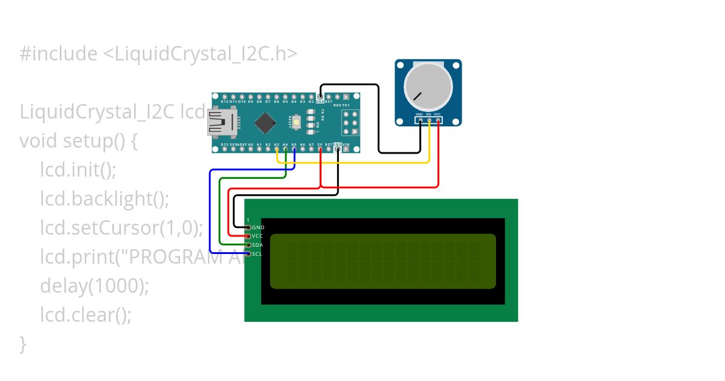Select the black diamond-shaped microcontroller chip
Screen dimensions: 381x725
265,123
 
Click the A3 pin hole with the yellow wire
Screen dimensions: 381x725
277,149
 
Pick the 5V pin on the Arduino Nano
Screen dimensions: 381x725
320,149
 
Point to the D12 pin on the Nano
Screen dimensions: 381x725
225,97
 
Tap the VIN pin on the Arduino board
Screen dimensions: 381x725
346,149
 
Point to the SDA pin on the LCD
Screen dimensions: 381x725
248,245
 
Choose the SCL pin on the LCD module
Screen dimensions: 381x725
248,254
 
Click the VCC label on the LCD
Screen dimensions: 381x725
257,236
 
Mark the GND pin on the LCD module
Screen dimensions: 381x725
248,227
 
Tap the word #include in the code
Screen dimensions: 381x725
58,54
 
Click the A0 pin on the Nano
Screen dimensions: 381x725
251,149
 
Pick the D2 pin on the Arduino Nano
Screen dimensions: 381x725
312,97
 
